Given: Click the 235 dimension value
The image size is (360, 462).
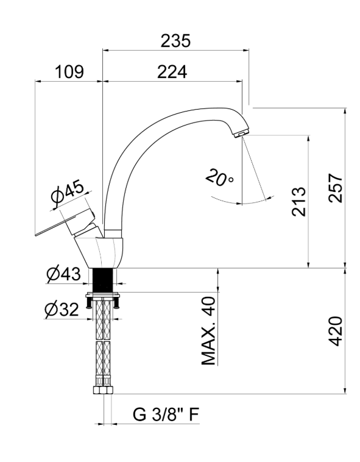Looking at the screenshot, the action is [175, 41].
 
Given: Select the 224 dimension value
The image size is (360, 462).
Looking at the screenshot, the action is [172, 71].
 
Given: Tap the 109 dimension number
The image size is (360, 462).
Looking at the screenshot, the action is [69, 71].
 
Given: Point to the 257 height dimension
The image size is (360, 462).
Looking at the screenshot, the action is [335, 188].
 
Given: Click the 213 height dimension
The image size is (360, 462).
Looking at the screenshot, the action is [298, 202].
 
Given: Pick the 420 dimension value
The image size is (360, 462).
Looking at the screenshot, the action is [335, 331].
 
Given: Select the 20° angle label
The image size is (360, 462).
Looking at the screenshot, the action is [219, 178].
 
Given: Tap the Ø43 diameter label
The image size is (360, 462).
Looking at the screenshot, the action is [63, 274].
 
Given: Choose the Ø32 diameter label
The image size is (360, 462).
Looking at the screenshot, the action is [62, 309].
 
